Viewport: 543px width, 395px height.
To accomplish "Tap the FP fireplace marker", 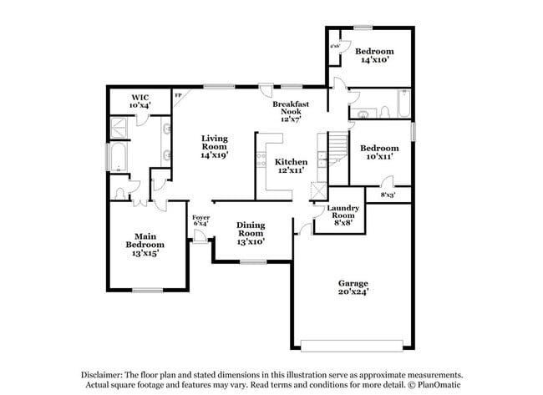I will click(178, 95).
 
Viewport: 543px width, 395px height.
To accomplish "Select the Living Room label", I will click(215, 146).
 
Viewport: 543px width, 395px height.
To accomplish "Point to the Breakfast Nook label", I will click(291, 111).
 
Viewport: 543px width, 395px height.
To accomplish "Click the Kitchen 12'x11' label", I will click(292, 165).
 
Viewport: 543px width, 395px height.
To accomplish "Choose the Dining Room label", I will click(251, 233).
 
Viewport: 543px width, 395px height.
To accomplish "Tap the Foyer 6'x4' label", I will click(201, 221).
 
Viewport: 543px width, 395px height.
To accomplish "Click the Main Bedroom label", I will click(145, 244).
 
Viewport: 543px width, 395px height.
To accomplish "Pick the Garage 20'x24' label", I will click(353, 288).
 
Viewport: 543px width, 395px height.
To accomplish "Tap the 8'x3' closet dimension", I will click(388, 195).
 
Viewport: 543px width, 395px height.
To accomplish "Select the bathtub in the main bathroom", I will click(116, 160).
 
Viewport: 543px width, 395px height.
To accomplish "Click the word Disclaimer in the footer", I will click(104, 375).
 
